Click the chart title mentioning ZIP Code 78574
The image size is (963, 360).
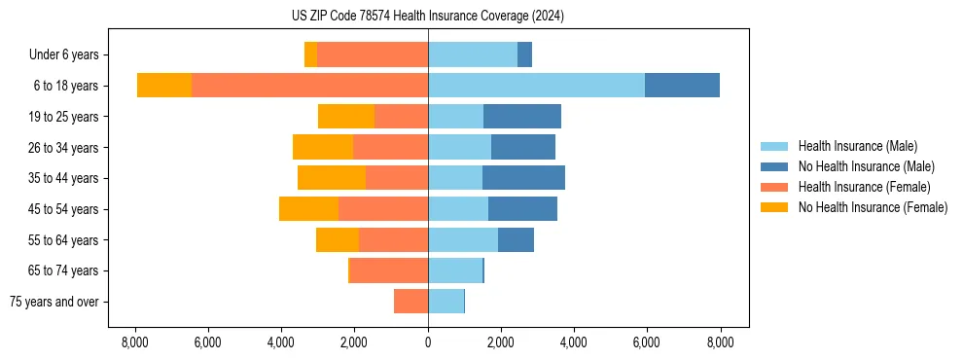point(428,17)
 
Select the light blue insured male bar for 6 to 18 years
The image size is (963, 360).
point(536,86)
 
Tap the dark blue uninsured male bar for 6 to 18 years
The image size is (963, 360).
point(682,86)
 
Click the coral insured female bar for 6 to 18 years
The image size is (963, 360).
point(309,86)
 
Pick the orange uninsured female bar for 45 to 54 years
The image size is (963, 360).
point(308,209)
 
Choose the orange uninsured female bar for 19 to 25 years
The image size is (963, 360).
point(346,117)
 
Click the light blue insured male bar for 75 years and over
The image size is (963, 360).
point(446,302)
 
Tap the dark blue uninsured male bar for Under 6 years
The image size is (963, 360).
point(524,55)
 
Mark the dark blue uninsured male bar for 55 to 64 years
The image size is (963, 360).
point(516,240)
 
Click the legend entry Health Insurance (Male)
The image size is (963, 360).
point(857,147)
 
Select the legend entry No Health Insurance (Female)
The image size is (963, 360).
point(873,207)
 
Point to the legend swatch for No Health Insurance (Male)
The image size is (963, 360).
point(775,167)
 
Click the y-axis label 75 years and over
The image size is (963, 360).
point(53,302)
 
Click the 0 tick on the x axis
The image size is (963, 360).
point(428,342)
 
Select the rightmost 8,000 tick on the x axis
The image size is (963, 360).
point(720,342)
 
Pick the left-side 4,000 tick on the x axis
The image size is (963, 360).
point(280,342)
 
